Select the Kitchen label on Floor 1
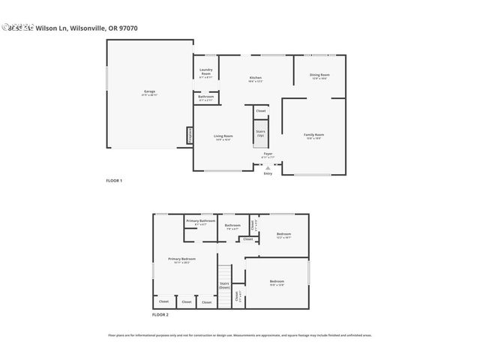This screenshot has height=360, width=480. (255, 79)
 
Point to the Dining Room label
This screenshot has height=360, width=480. (320, 76)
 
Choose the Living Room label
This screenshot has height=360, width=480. (223, 137)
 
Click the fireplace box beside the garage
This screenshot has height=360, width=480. (190, 136)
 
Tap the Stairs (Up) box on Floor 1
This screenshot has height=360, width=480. (260, 133)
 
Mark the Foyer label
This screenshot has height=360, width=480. (268, 155)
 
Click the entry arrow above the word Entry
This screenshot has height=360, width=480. (268, 168)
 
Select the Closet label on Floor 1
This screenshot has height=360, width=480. (260, 111)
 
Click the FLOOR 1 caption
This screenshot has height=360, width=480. (113, 181)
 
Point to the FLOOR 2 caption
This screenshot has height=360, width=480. (160, 314)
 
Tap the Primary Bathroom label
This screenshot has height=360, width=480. (200, 222)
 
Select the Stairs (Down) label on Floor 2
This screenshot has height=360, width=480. (224, 285)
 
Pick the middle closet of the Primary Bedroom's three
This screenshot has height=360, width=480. (186, 301)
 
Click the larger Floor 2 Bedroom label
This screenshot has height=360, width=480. (277, 283)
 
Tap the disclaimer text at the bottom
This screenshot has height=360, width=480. (239, 335)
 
